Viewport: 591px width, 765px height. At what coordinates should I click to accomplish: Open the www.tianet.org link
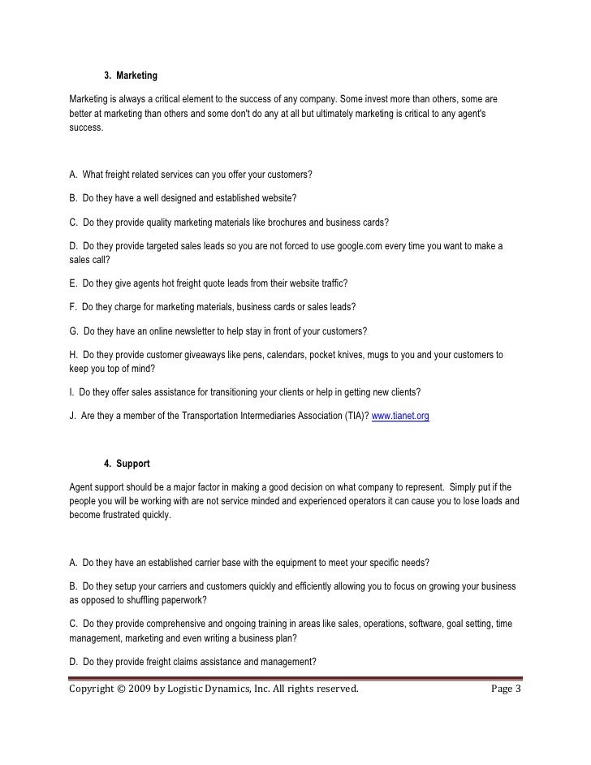coord(400,417)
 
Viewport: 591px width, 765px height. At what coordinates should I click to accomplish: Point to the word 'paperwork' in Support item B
coord(183,600)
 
